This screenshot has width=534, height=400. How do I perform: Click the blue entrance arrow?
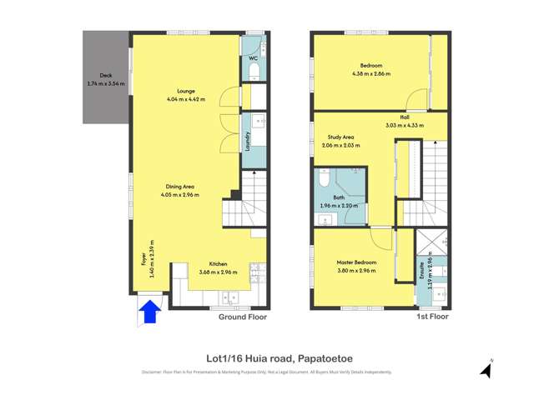149,312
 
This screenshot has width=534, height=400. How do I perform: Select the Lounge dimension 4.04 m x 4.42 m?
186,99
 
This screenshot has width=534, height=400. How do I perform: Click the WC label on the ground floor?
252,58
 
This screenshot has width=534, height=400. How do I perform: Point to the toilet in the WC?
256,73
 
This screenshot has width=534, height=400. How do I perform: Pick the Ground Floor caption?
242,317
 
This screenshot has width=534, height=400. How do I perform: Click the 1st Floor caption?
432,317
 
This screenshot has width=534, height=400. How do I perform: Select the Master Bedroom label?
357,262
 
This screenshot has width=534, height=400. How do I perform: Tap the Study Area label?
340,137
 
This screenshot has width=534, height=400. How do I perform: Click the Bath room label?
339,197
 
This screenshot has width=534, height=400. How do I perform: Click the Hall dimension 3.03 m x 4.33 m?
405,125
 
